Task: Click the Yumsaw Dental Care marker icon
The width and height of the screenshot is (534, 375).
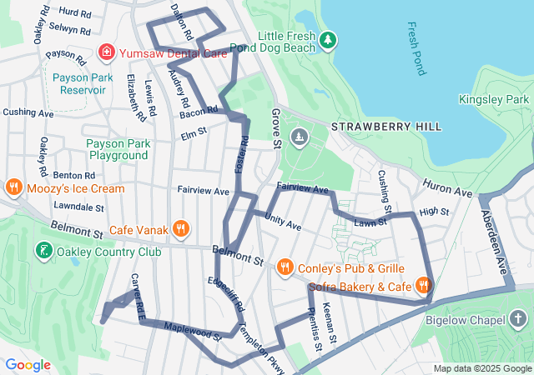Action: tap(107, 53)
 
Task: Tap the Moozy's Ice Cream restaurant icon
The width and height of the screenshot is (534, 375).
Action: tap(13, 187)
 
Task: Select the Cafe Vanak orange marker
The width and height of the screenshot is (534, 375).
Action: tap(181, 229)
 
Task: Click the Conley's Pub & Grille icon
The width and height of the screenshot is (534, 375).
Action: tap(285, 267)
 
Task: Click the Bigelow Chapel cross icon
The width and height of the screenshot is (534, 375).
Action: tap(518, 319)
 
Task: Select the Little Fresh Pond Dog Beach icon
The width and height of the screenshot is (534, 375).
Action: tap(329, 39)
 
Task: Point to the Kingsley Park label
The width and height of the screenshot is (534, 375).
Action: tap(494, 99)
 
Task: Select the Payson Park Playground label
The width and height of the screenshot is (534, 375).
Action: tap(118, 149)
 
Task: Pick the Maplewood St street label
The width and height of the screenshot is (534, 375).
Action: tap(192, 332)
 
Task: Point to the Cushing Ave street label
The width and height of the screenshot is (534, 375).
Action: tap(28, 112)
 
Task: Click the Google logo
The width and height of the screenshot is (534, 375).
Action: tap(28, 365)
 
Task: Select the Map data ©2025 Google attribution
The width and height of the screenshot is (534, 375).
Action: tap(482, 368)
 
